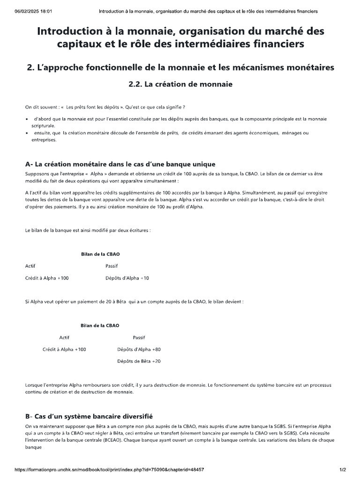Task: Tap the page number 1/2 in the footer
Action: (343, 469)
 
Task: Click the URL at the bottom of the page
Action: (109, 469)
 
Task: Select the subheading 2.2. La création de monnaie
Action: (180, 84)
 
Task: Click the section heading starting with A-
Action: (120, 164)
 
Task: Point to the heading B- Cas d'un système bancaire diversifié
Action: (89, 416)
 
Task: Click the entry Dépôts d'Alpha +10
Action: (127, 278)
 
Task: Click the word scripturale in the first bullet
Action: (43, 126)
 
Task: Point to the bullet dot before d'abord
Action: (27, 119)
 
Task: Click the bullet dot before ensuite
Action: (27, 133)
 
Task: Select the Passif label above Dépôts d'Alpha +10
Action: (112, 266)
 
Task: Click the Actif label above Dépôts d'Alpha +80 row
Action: (64, 337)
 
